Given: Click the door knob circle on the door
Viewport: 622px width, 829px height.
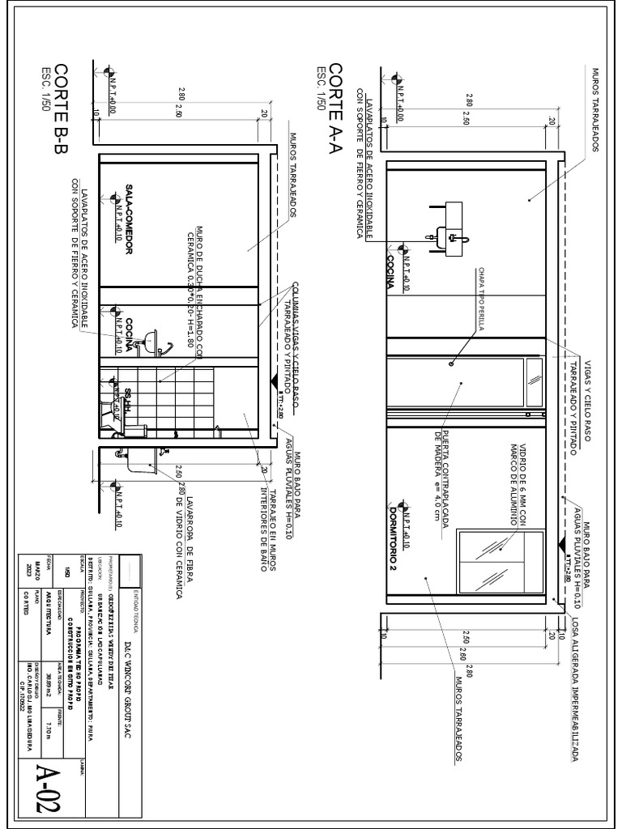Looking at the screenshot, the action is point(451,365).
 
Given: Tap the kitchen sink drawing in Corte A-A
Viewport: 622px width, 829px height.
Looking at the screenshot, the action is point(448,232).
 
